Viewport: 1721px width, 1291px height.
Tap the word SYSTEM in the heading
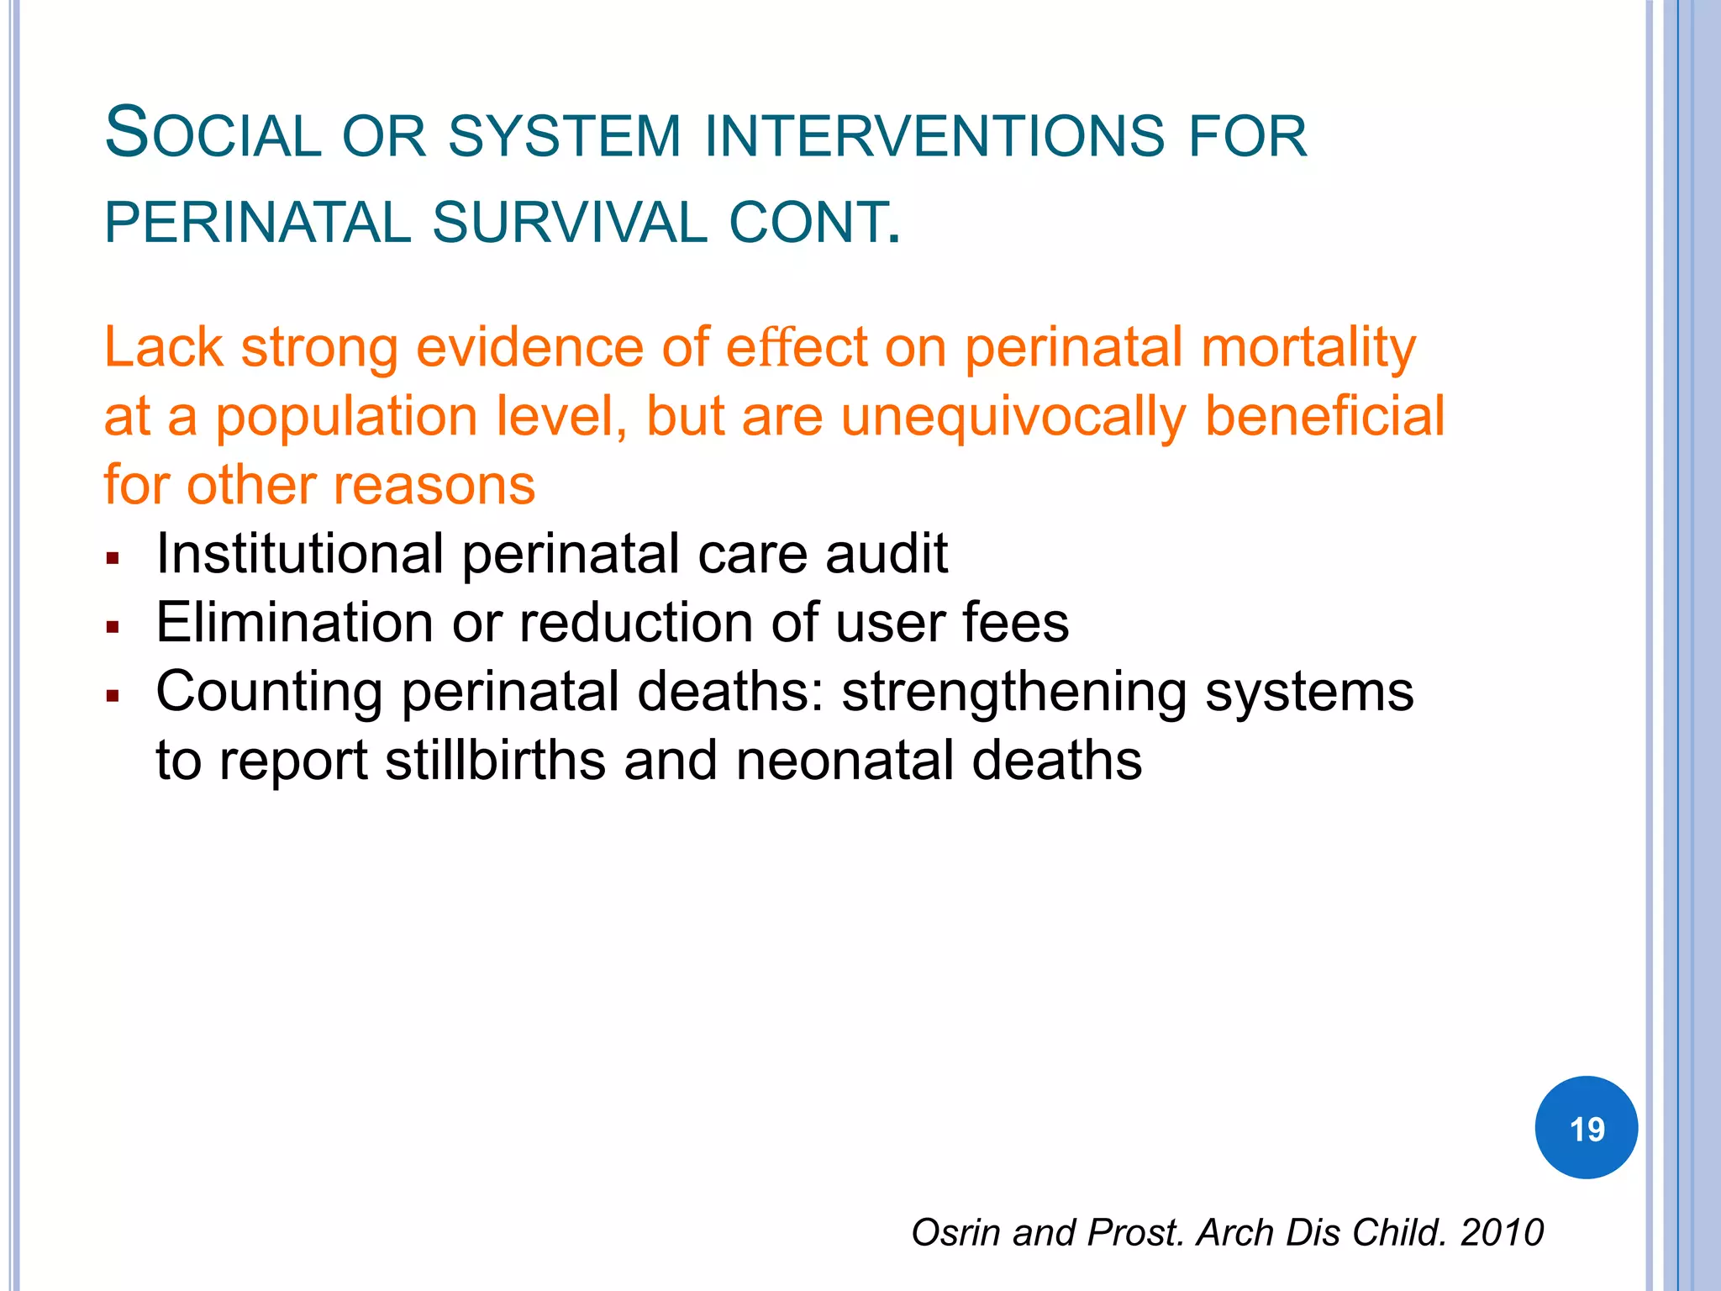click(x=564, y=137)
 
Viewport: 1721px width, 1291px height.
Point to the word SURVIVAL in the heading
click(x=570, y=224)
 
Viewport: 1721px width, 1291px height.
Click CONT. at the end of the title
click(x=814, y=224)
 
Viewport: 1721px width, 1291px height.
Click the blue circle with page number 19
click(x=1586, y=1127)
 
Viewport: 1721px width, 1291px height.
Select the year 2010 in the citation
click(x=1502, y=1232)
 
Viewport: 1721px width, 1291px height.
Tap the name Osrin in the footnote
click(x=958, y=1232)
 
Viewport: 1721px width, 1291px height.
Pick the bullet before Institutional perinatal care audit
click(x=113, y=558)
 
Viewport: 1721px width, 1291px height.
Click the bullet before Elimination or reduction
click(x=113, y=627)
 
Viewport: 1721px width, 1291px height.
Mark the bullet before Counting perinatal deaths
click(x=113, y=696)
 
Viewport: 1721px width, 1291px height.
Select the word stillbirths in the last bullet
click(x=496, y=761)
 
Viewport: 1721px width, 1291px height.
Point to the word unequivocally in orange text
click(x=1013, y=417)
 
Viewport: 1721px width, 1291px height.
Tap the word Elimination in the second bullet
click(x=295, y=624)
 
